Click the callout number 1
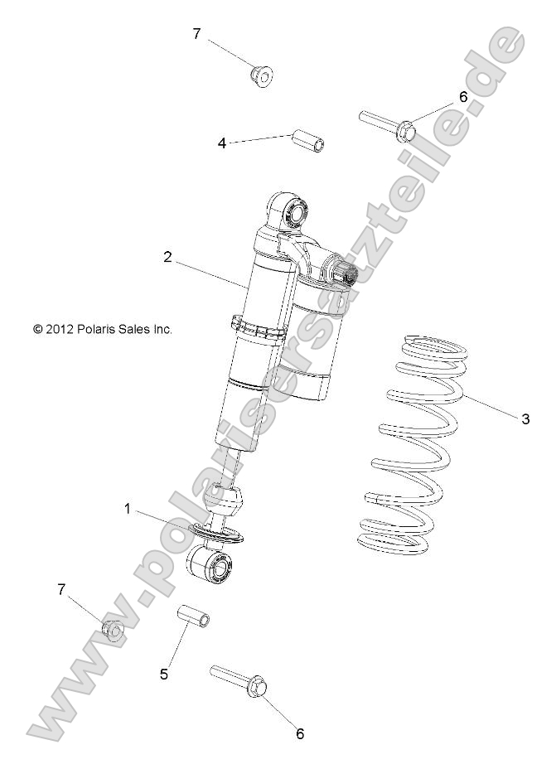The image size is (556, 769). click(128, 508)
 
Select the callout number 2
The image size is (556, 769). click(167, 258)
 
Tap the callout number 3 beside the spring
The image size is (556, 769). click(525, 419)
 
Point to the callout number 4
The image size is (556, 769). click(222, 143)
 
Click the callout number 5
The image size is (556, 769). click(164, 674)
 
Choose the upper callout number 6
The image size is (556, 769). click(463, 97)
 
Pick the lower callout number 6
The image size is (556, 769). click(300, 733)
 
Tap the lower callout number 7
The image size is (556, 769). click(60, 589)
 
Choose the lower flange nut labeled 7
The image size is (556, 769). click(112, 631)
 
